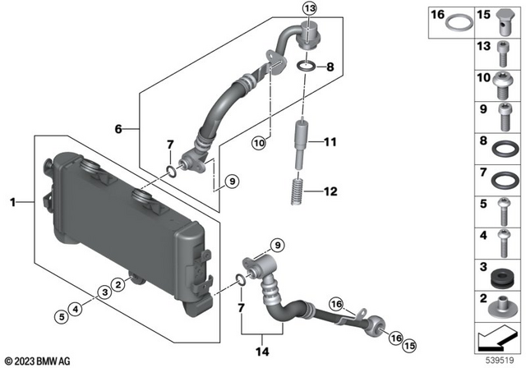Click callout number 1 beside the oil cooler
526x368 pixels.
click(12, 199)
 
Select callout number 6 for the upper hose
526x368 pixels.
click(118, 129)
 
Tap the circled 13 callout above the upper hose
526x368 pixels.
click(308, 9)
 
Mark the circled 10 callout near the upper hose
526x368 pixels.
click(257, 143)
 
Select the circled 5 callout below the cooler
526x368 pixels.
click(60, 316)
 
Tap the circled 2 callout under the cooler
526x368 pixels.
click(118, 283)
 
